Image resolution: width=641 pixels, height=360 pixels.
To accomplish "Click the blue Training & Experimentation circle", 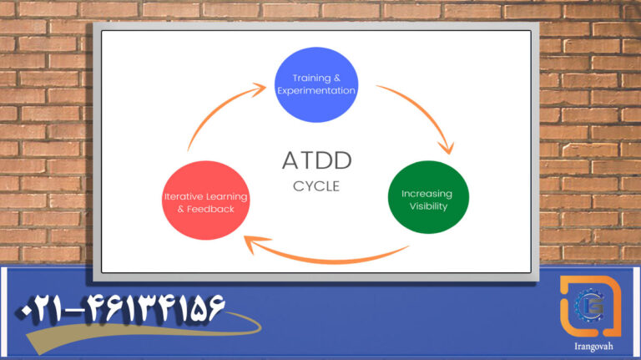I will [x=315, y=83].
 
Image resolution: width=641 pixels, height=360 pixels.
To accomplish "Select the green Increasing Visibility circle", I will [x=428, y=200].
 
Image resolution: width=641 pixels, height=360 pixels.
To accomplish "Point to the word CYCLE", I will [x=316, y=185].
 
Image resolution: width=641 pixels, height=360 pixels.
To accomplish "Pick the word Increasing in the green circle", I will [x=427, y=194].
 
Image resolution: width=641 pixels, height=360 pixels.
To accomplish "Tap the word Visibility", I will [x=428, y=206].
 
